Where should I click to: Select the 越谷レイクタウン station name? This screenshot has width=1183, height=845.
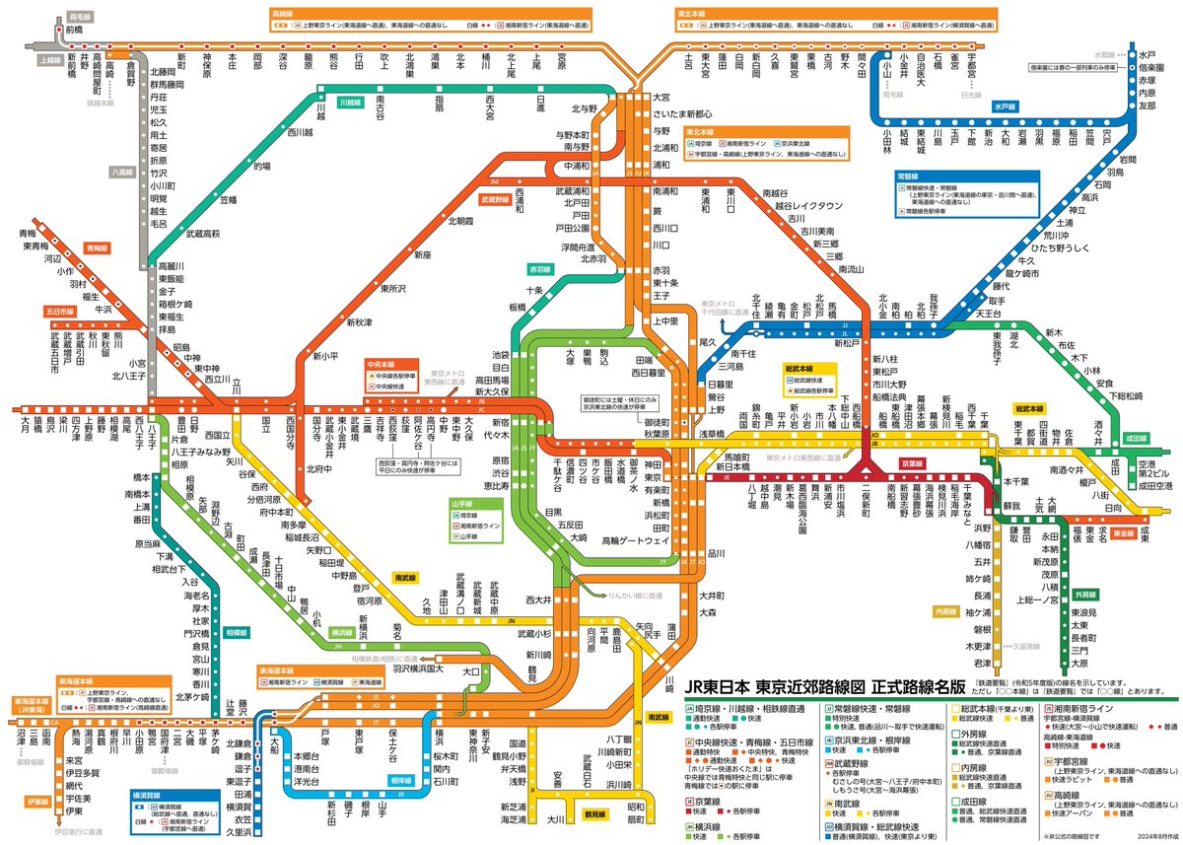pos(808,206)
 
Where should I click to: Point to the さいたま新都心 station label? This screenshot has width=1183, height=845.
pos(691,113)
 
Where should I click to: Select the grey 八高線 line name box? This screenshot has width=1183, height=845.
pos(122,172)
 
